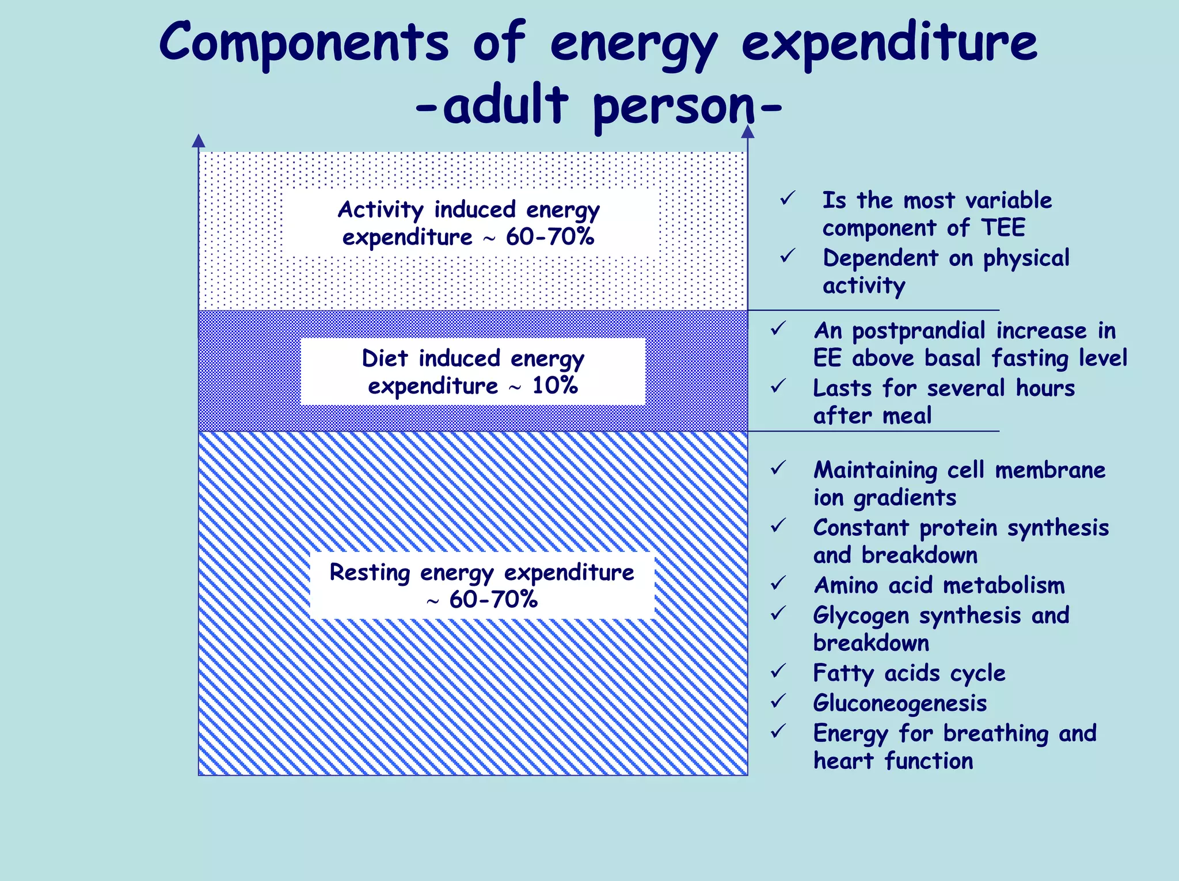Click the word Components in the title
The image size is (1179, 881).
(x=303, y=43)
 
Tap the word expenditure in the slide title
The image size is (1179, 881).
(x=889, y=43)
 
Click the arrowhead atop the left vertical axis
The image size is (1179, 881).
(x=199, y=140)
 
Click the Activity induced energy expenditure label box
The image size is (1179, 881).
(x=469, y=223)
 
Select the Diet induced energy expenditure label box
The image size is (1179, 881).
(x=473, y=372)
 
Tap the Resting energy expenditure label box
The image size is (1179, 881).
(x=482, y=586)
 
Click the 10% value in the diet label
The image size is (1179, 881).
(x=555, y=386)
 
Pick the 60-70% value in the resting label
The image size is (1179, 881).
(x=493, y=600)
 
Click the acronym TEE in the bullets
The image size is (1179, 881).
(x=1003, y=228)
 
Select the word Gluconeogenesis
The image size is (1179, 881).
(x=900, y=703)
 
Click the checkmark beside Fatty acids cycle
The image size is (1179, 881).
(x=778, y=671)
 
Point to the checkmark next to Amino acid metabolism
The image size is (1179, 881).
(x=778, y=583)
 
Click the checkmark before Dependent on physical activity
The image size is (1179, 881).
(x=787, y=256)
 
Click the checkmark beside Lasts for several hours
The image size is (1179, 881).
(x=778, y=386)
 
